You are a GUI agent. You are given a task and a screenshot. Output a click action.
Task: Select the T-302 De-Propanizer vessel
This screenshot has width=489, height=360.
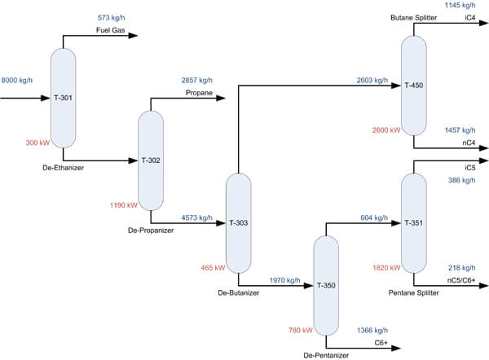tap(150, 160)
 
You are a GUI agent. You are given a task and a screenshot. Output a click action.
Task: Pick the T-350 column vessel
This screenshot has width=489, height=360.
tap(326, 285)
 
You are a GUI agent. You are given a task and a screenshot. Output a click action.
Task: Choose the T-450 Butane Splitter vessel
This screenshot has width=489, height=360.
tap(414, 85)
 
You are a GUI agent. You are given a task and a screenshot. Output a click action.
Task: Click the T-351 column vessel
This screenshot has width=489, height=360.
tap(414, 222)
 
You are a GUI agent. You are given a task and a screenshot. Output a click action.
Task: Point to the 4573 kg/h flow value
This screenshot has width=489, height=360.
tap(196, 218)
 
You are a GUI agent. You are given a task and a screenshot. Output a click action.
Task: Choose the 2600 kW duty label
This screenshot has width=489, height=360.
tap(385, 130)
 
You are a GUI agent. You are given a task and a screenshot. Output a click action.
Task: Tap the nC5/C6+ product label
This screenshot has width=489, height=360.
tap(460, 281)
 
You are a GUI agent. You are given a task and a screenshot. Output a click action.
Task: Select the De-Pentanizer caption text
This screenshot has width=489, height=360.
tap(326, 356)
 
